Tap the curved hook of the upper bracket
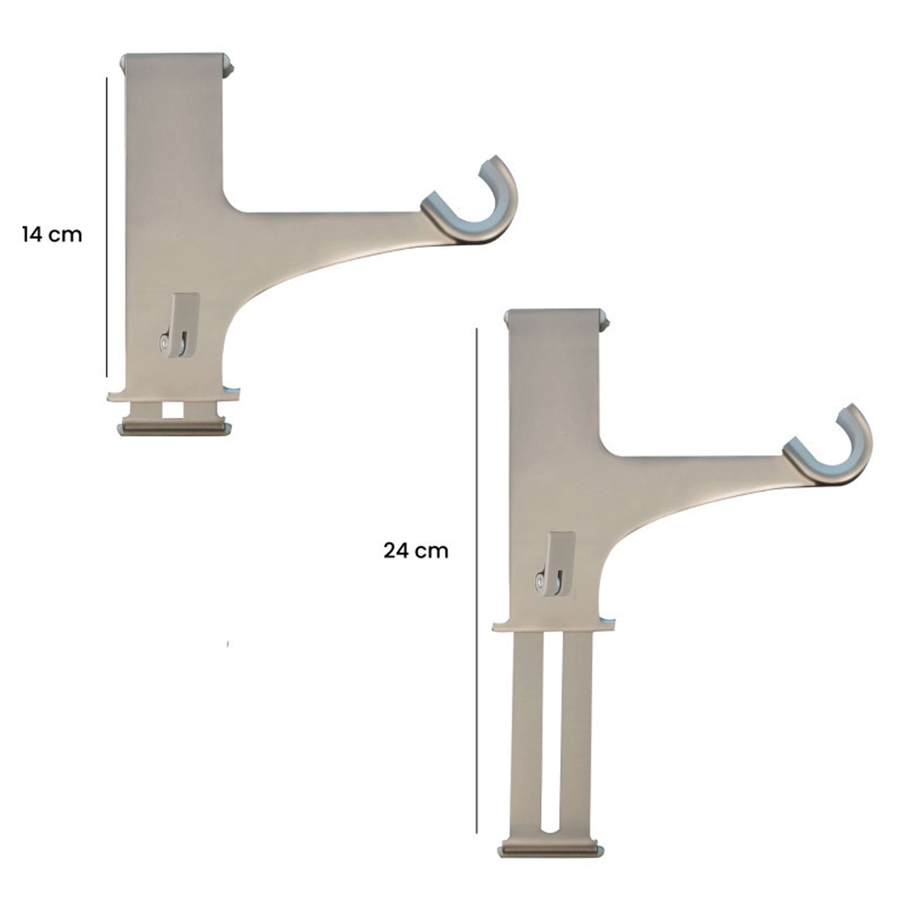486,206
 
